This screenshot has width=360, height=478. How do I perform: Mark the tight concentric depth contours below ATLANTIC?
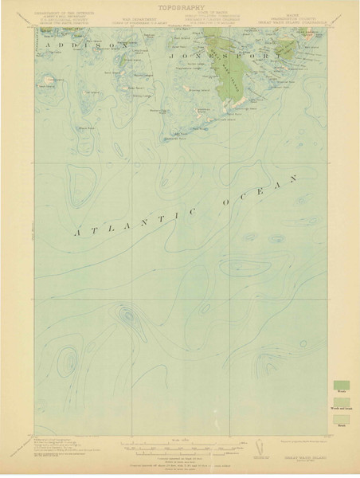(x=125, y=316)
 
